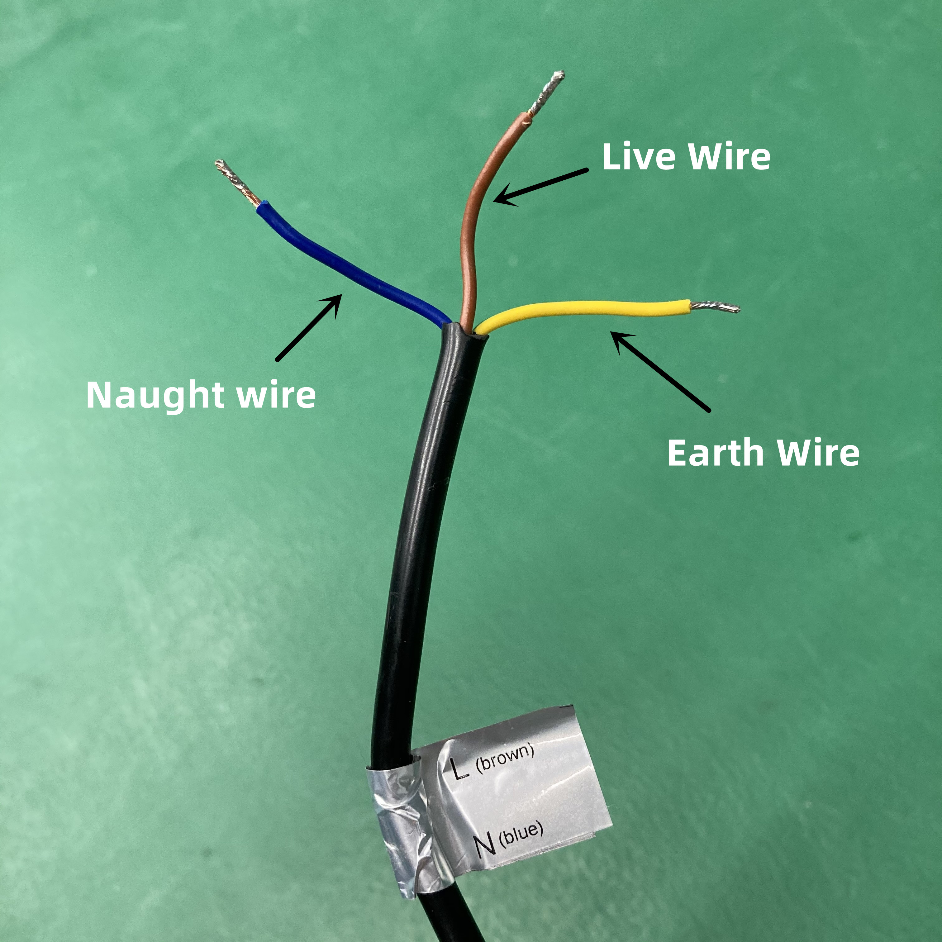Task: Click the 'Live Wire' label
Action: [x=686, y=157]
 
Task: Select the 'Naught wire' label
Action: [x=201, y=395]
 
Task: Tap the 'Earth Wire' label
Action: [x=763, y=453]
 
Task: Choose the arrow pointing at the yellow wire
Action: [x=661, y=372]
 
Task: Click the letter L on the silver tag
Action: [x=459, y=769]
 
